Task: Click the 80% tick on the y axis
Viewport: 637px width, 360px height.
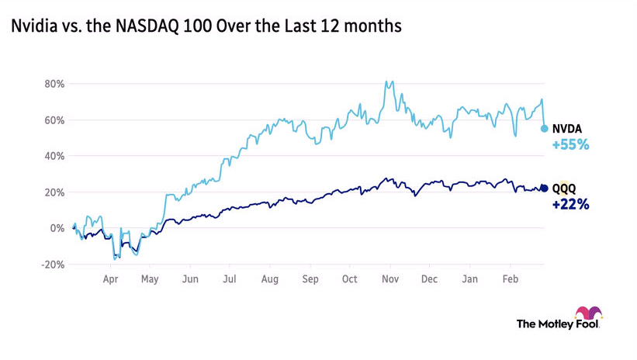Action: pyautogui.click(x=53, y=84)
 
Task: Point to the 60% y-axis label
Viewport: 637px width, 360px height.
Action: pyautogui.click(x=53, y=120)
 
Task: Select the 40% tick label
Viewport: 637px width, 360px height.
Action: pyautogui.click(x=53, y=156)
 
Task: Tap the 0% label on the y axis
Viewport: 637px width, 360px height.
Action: pyautogui.click(x=56, y=228)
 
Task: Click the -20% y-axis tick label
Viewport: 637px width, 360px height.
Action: pyautogui.click(x=51, y=265)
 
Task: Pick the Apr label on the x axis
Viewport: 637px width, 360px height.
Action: pyautogui.click(x=110, y=278)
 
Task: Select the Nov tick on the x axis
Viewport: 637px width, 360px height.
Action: pyautogui.click(x=390, y=278)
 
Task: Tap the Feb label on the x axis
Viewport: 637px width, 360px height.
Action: pyautogui.click(x=511, y=278)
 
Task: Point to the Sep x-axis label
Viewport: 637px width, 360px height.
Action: pyautogui.click(x=310, y=278)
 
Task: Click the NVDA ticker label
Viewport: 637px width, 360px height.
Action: pyautogui.click(x=567, y=129)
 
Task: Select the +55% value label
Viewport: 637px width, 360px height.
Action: pyautogui.click(x=570, y=144)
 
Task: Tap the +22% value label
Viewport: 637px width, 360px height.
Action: pyautogui.click(x=570, y=205)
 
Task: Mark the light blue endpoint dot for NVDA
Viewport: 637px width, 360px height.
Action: pyautogui.click(x=545, y=128)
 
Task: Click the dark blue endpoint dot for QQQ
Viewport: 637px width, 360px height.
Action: pyautogui.click(x=544, y=189)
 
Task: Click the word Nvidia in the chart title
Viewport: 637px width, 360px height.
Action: pyautogui.click(x=31, y=27)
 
